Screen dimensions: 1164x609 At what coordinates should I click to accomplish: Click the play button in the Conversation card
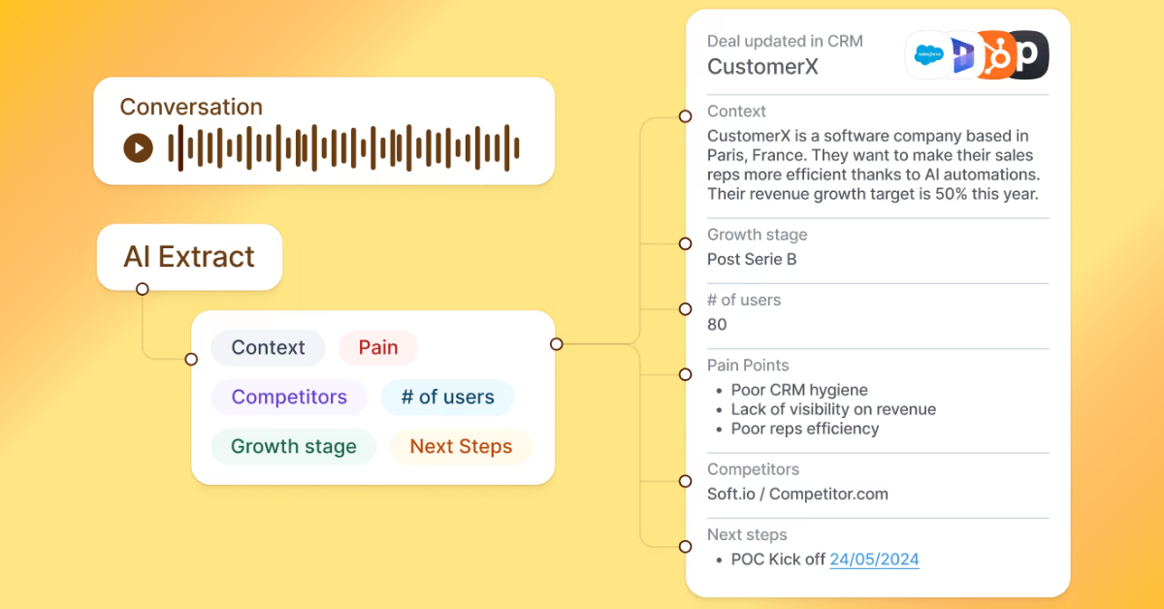click(139, 147)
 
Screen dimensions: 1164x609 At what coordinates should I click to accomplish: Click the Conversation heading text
click(191, 107)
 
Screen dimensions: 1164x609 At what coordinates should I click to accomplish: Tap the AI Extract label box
click(189, 257)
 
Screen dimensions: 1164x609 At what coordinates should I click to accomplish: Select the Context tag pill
click(268, 347)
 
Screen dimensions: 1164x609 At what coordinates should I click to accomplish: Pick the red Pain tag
click(378, 347)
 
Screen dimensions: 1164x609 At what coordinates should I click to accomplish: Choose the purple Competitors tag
click(289, 397)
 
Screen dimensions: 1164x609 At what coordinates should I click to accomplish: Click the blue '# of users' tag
click(447, 397)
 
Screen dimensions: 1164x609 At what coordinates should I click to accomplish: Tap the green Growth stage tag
click(293, 447)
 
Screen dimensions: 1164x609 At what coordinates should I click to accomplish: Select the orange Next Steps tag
click(461, 447)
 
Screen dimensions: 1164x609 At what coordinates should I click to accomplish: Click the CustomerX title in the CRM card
click(762, 66)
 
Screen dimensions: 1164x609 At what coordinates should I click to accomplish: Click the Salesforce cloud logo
click(928, 54)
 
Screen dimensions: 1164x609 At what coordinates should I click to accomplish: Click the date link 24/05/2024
click(874, 560)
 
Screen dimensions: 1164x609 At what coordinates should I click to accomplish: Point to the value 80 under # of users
click(717, 325)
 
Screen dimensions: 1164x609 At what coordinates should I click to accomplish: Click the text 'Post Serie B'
click(752, 260)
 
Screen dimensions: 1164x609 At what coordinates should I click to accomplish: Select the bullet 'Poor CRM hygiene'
click(799, 390)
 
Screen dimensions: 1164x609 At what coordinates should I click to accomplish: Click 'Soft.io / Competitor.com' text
click(797, 495)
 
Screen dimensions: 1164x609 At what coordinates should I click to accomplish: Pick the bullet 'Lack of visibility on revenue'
click(833, 409)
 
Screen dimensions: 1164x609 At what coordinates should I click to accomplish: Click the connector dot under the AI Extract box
click(143, 289)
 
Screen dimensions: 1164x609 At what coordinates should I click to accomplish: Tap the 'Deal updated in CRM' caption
click(785, 41)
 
